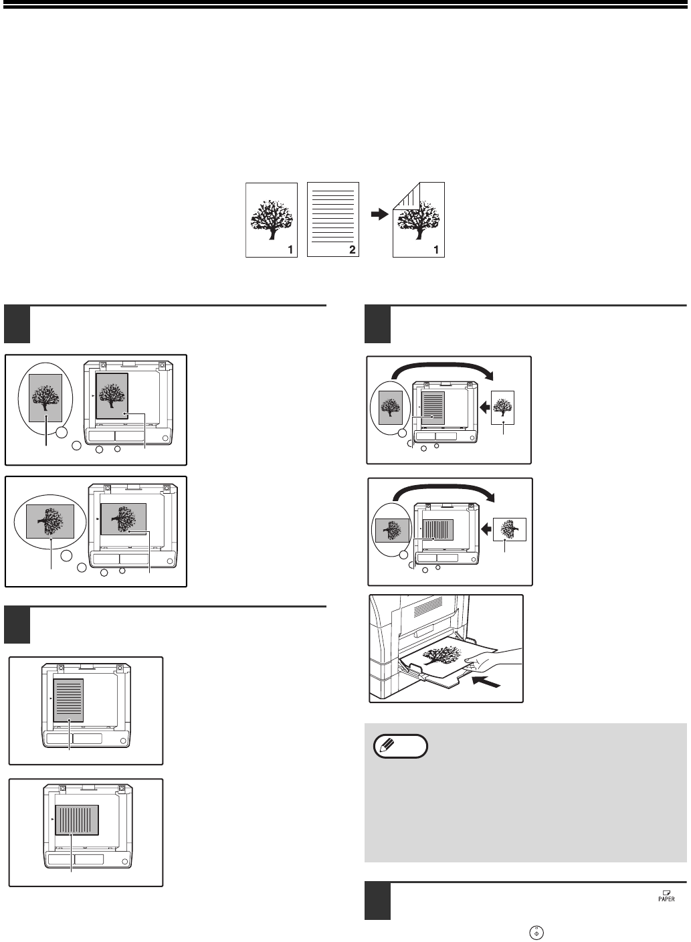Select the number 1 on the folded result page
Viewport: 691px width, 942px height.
coord(437,250)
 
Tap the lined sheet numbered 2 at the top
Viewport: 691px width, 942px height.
coord(332,219)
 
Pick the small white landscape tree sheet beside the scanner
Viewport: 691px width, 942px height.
coord(510,529)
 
